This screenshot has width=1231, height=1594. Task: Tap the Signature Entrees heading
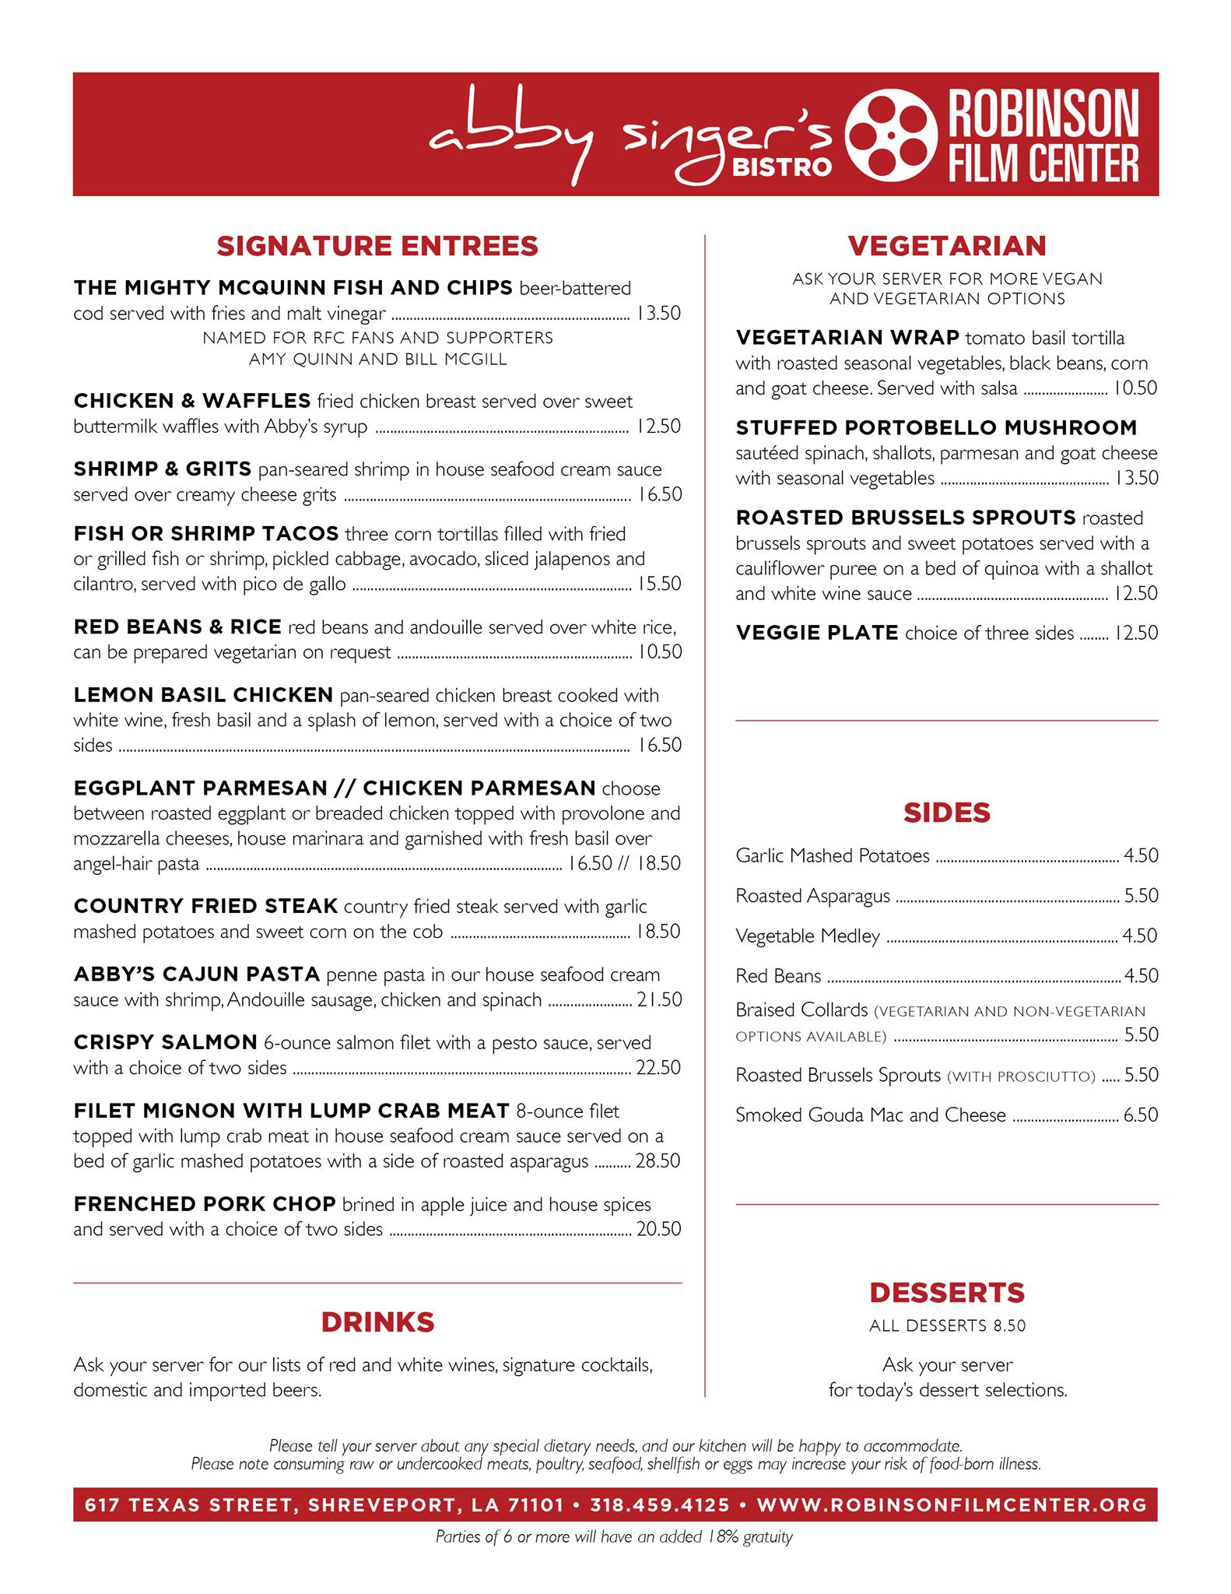click(x=377, y=246)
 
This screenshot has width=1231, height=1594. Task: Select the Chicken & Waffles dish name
click(x=191, y=401)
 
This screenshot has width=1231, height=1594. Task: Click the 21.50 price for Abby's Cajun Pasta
click(x=659, y=999)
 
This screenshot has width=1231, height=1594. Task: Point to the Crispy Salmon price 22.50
click(x=658, y=1068)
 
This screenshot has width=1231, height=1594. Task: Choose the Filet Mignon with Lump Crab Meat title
click(x=291, y=1111)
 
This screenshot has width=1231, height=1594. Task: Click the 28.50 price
click(x=658, y=1161)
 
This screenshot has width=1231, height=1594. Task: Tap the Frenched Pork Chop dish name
click(x=204, y=1204)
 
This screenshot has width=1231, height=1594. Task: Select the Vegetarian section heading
click(x=947, y=246)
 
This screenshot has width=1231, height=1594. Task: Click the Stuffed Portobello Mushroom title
click(x=936, y=427)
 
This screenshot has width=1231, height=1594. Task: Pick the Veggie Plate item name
click(x=817, y=633)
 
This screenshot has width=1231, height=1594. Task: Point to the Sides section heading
click(x=947, y=813)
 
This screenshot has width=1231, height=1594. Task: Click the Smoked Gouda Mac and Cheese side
click(x=871, y=1115)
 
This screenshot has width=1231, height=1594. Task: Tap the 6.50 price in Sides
click(x=1141, y=1115)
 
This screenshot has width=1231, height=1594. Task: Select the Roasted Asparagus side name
click(x=812, y=896)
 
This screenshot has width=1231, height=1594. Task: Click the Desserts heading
click(x=947, y=1293)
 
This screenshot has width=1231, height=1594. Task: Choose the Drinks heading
click(x=377, y=1322)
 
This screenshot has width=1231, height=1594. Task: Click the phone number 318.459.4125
click(x=660, y=1505)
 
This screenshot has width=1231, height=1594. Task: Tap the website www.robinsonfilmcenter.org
click(x=952, y=1505)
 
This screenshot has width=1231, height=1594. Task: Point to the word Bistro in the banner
click(x=782, y=167)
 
